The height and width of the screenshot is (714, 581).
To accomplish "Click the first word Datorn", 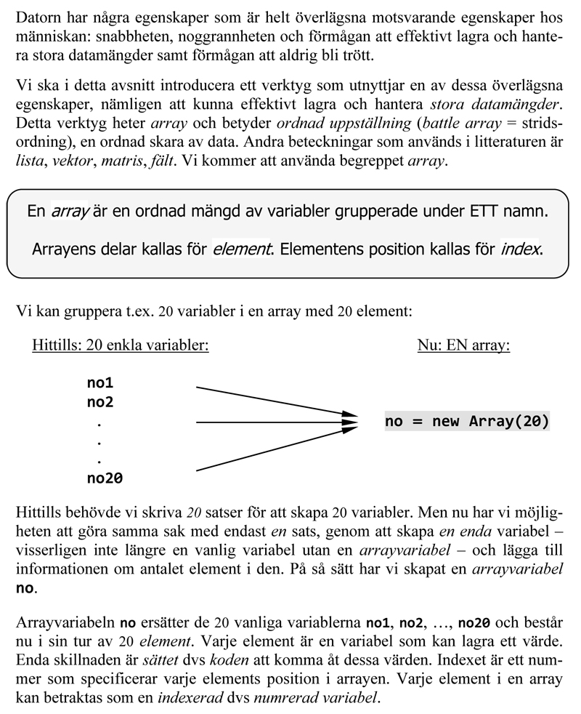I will tap(37, 17).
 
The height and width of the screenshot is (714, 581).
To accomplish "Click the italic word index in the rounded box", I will tap(521, 249).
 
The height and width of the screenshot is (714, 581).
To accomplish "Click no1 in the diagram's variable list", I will tap(100, 383).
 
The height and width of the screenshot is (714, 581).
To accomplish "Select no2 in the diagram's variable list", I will tap(100, 402).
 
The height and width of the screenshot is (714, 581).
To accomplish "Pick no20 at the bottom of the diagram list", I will tap(105, 478).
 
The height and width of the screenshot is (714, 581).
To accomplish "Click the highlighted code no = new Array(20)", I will tap(466, 422).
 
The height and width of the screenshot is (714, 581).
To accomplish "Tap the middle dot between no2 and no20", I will tap(99, 441).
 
